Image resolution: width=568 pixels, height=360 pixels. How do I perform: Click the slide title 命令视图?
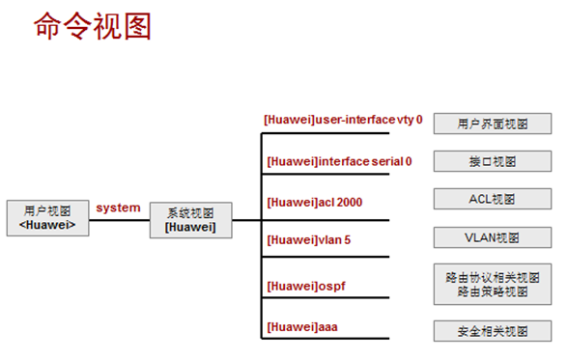93,26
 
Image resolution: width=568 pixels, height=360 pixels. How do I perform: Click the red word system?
118,208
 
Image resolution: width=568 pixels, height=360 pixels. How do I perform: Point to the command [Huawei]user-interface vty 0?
344,120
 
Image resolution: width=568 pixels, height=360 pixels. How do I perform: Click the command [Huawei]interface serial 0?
338,161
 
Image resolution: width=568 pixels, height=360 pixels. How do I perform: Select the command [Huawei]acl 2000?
314,202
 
